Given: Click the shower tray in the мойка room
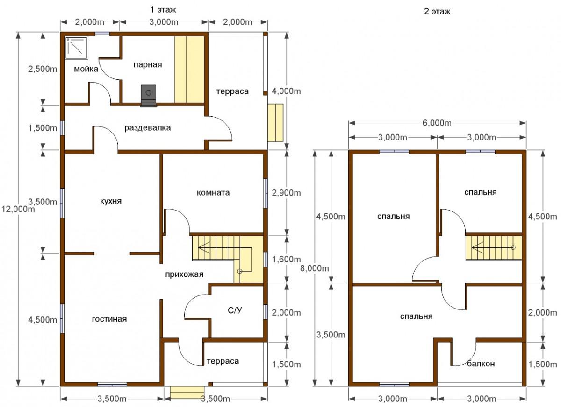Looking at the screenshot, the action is (77, 48).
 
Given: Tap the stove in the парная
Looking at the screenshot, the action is (148, 96).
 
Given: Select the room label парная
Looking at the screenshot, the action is (148, 65).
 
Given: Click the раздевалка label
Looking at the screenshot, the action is (148, 128).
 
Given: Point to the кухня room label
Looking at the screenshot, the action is (111, 201).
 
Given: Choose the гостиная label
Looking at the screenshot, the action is (109, 319).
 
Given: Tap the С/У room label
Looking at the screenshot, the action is (235, 310).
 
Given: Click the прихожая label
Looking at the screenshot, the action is (184, 274).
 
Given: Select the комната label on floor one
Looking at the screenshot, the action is (213, 193).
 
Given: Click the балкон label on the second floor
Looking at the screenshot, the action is (481, 364).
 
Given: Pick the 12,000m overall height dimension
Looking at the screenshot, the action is (18, 209).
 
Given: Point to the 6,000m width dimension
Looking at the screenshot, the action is (437, 123).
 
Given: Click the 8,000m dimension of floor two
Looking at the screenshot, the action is (315, 268).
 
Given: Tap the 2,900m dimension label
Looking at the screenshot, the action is (286, 193).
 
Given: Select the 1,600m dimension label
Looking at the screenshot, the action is (287, 260).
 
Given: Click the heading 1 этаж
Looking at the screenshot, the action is (163, 10).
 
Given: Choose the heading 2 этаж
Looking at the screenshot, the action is (437, 12).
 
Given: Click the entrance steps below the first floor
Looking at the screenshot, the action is (187, 392).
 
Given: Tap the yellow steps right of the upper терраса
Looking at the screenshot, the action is (275, 123).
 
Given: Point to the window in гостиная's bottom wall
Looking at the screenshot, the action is (112, 384).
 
